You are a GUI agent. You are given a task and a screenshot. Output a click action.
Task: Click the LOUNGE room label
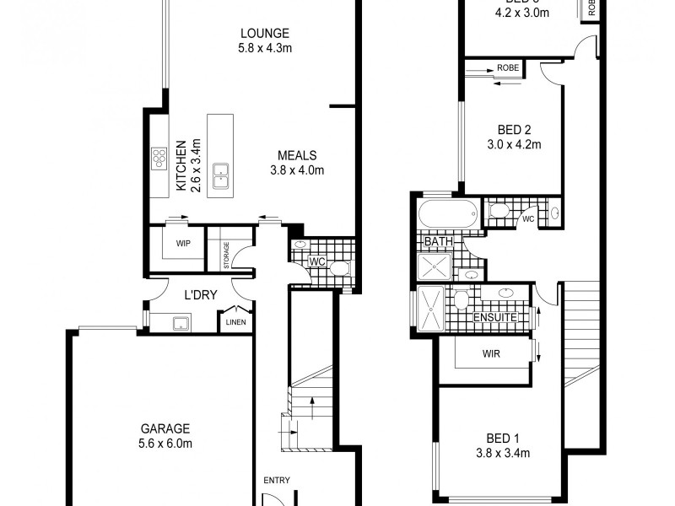click(264, 34)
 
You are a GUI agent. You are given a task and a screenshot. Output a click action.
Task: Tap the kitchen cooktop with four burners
click(159, 158)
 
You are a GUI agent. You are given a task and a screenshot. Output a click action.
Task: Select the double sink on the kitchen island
click(222, 173)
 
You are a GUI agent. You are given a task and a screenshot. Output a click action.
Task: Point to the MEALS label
click(297, 155)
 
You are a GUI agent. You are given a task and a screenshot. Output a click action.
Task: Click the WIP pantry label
click(183, 243)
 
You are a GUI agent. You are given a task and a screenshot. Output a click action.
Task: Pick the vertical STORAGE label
click(226, 256)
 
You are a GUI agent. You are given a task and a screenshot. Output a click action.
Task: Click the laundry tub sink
click(180, 322)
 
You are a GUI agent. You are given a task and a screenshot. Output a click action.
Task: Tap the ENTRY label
click(276, 480)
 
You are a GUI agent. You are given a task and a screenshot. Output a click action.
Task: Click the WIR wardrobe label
click(491, 353)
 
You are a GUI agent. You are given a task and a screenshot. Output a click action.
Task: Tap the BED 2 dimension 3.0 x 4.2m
click(514, 144)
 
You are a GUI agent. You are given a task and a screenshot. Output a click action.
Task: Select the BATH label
click(438, 242)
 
